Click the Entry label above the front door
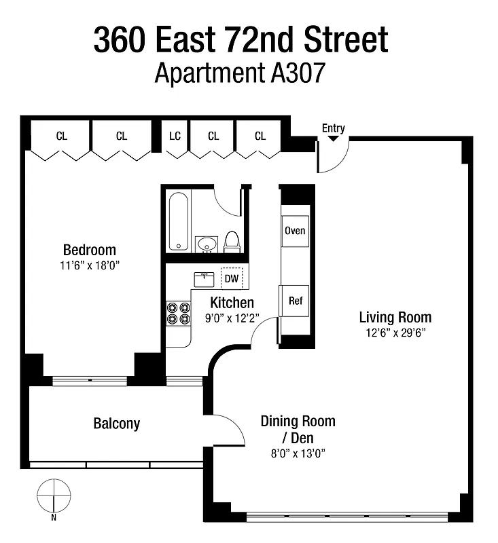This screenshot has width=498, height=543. (x=334, y=128)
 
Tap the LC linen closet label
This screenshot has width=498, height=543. (x=175, y=136)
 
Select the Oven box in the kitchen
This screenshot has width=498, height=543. (x=295, y=231)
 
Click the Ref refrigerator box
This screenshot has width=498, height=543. (x=295, y=301)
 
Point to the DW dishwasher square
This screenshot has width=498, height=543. (x=232, y=278)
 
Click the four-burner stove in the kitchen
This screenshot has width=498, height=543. (x=178, y=312)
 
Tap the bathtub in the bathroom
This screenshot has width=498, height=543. (x=179, y=222)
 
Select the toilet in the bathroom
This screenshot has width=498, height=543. (x=232, y=242)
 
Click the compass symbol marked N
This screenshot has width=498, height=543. (x=54, y=496)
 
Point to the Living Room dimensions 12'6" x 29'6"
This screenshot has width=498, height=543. (x=395, y=333)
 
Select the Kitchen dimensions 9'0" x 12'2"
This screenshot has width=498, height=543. (x=232, y=317)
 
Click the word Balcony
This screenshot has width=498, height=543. (x=116, y=424)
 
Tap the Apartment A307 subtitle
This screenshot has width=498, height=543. (x=240, y=72)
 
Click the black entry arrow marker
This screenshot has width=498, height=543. (x=333, y=138)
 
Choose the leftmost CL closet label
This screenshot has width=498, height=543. (x=62, y=136)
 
